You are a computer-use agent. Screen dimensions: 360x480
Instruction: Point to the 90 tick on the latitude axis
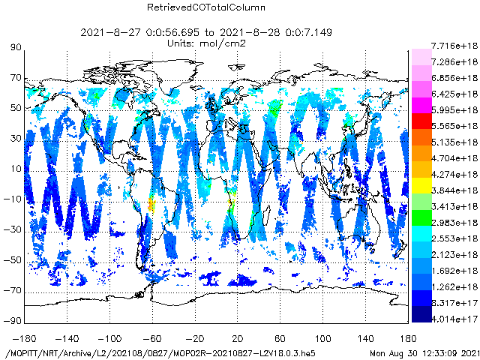pyautogui.click(x=15, y=47)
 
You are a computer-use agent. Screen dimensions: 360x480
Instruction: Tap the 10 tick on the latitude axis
pyautogui.click(x=15, y=169)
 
